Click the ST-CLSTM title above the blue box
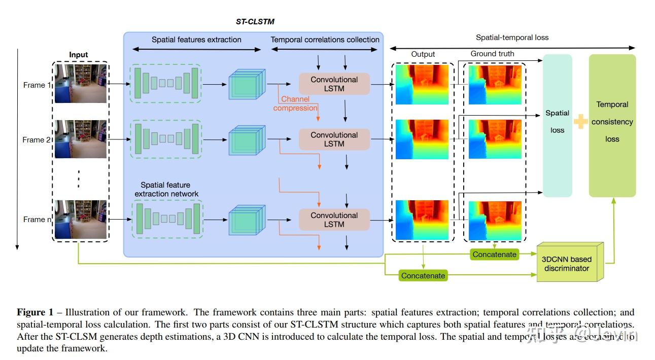point(255,22)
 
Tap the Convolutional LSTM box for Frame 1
point(334,84)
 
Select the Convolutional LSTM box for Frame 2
point(334,139)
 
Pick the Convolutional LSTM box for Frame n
point(334,220)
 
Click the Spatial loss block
point(557,122)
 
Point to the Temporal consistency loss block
point(612,122)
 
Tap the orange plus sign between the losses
point(580,122)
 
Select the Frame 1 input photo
point(80,83)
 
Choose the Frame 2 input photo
point(80,139)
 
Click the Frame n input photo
point(80,219)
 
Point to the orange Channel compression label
point(295,103)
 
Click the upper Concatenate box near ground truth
point(494,255)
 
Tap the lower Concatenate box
point(423,276)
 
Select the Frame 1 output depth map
point(422,84)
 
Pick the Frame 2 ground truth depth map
point(495,139)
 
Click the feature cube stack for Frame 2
point(247,139)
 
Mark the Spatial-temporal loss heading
point(512,38)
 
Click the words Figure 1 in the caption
point(35,312)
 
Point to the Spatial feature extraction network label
point(166,190)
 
